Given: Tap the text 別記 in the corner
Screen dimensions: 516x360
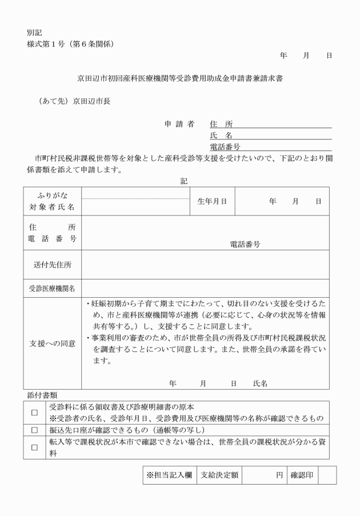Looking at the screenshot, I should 34,33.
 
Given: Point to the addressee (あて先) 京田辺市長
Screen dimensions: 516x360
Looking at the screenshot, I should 74,102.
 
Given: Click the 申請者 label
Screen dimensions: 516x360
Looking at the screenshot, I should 179,124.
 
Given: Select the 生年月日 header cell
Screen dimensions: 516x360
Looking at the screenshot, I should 212,201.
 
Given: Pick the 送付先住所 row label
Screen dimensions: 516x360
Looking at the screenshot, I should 53,265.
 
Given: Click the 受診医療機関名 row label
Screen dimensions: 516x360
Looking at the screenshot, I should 53,289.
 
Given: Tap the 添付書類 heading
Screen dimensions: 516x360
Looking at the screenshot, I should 42,395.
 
